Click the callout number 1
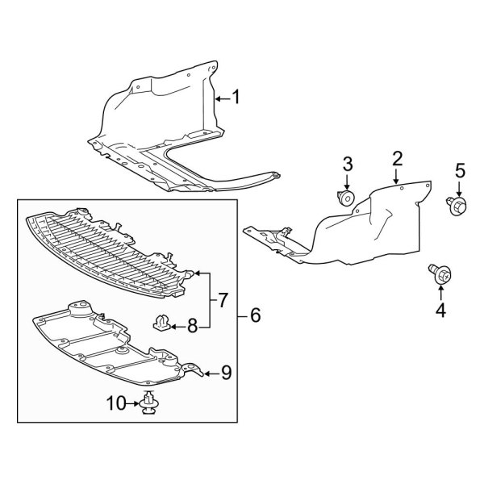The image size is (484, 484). click(x=236, y=98)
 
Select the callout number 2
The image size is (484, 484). click(x=397, y=157)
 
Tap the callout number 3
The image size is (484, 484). click(x=348, y=164)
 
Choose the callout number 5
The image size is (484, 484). click(x=461, y=170)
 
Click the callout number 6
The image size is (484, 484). click(x=255, y=315)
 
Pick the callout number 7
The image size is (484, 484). click(x=223, y=301)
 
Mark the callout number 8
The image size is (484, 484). click(x=192, y=326)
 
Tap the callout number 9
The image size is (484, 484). click(x=226, y=373)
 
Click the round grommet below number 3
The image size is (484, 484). click(x=347, y=198)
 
